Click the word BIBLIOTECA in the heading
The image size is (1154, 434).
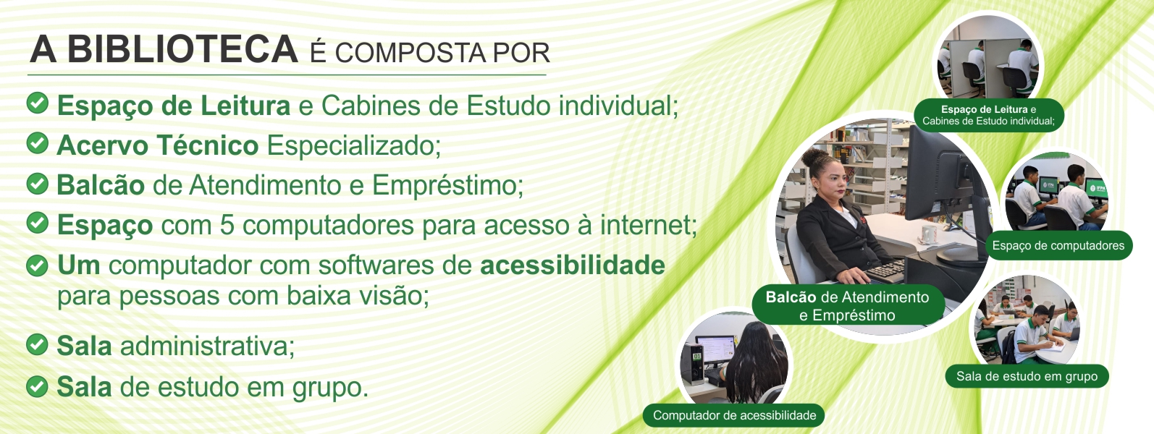click(182, 49)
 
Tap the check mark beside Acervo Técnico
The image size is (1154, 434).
click(37, 142)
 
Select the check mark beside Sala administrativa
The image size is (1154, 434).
click(37, 344)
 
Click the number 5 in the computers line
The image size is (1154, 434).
click(227, 225)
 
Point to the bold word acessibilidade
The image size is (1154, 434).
click(573, 265)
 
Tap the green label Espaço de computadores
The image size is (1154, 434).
click(1058, 246)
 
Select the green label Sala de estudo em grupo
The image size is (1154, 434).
click(1027, 376)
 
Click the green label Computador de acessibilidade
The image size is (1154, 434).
click(734, 415)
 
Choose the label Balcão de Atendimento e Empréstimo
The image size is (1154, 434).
click(848, 306)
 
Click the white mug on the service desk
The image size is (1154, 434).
click(928, 234)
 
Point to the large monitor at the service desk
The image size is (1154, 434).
click(935, 175)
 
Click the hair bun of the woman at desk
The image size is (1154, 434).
click(815, 156)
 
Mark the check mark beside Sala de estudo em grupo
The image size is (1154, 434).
click(37, 386)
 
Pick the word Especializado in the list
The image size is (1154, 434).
click(353, 145)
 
